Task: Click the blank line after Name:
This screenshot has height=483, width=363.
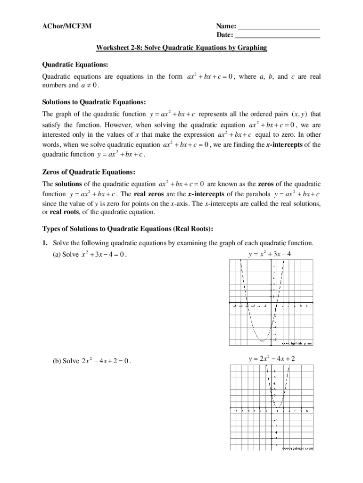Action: pyautogui.click(x=279, y=27)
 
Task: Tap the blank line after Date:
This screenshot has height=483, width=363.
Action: pyautogui.click(x=278, y=36)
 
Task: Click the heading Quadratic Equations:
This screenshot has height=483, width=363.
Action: pyautogui.click(x=75, y=64)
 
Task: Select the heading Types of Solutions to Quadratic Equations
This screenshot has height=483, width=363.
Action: pyautogui.click(x=128, y=229)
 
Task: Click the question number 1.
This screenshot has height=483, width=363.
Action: pyautogui.click(x=45, y=243)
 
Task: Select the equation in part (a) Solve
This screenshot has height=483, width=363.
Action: pyautogui.click(x=104, y=255)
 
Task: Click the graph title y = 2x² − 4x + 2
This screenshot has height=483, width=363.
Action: pyautogui.click(x=272, y=359)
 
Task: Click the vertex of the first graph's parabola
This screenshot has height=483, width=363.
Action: pyautogui.click(x=262, y=340)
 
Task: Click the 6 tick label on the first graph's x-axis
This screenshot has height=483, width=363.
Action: pyautogui.click(x=306, y=306)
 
